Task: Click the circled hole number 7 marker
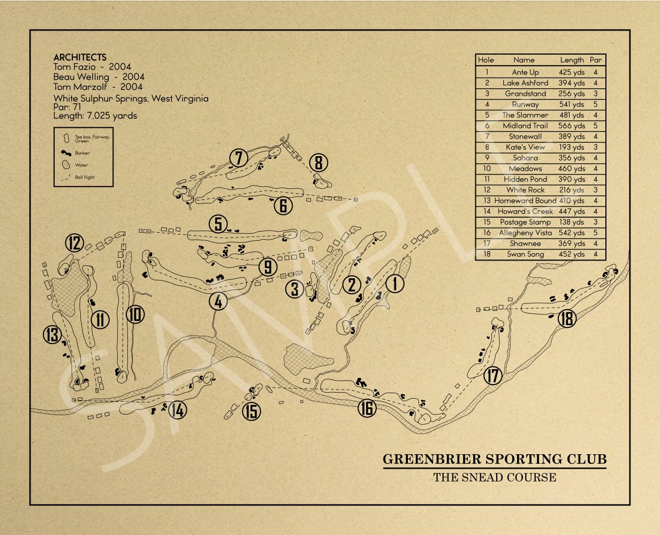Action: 239,158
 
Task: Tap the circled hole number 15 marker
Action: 251,411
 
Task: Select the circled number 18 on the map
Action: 567,318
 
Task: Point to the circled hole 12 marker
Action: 74,243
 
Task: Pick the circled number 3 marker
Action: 294,289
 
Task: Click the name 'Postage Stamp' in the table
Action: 525,222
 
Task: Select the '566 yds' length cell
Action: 572,126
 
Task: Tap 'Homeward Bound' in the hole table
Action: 525,201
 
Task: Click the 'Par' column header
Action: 596,60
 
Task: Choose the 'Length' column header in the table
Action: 572,60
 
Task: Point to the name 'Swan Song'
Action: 525,254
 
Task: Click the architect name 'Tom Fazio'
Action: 74,66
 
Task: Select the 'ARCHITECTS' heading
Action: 80,57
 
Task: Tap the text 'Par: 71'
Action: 67,107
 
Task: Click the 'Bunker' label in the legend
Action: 82,153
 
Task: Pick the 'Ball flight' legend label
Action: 85,177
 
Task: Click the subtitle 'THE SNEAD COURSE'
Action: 495,477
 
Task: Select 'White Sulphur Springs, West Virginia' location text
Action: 131,98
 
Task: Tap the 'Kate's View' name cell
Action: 525,147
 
